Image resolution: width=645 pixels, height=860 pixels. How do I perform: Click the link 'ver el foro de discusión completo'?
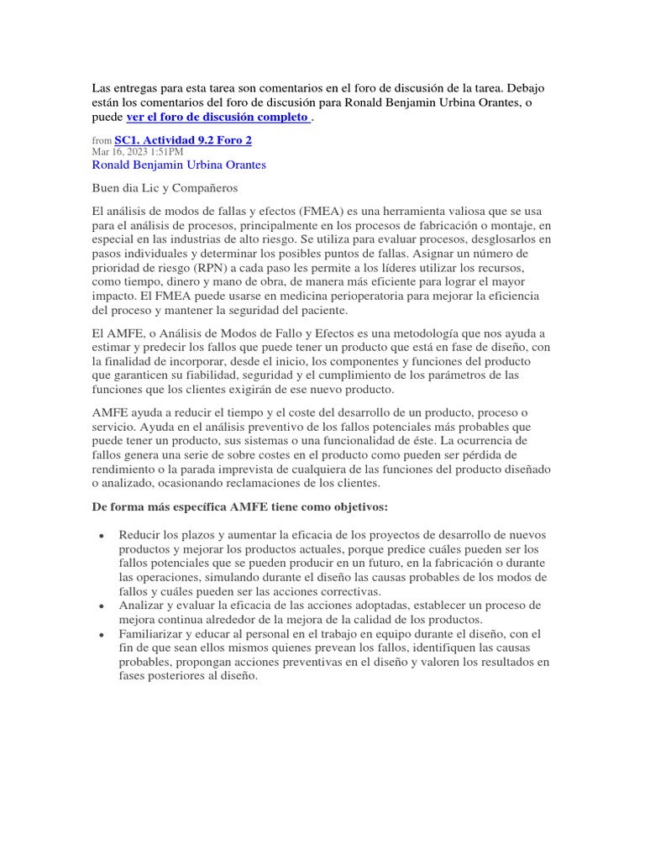[x=218, y=117]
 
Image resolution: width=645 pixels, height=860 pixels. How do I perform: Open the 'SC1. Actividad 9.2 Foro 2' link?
[x=183, y=140]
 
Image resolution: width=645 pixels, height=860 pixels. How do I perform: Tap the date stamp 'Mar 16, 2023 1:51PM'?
[x=137, y=152]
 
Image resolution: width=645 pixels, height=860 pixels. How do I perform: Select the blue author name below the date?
[x=178, y=165]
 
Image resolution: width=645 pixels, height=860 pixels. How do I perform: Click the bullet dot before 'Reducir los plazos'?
[x=101, y=535]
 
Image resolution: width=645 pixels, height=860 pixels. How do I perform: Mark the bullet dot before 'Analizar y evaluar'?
[x=101, y=606]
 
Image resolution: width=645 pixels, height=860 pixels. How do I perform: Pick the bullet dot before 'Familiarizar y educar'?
[x=101, y=634]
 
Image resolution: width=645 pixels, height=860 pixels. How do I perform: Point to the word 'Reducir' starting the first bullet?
[x=139, y=534]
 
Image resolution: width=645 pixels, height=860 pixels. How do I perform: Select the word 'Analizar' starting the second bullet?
[x=143, y=605]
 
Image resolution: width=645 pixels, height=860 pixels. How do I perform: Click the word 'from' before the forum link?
[x=101, y=141]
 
